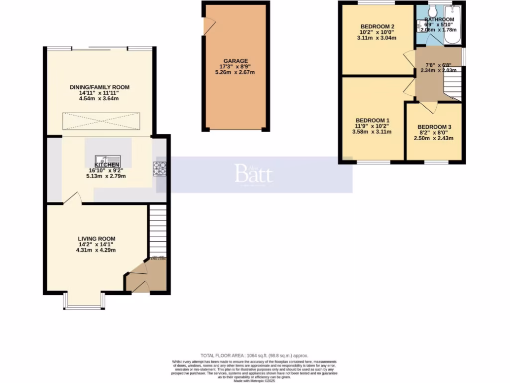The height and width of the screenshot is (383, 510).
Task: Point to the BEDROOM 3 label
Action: point(434,127)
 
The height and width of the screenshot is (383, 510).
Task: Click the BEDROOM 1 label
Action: point(372,120)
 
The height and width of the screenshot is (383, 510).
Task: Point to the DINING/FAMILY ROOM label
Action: point(99,87)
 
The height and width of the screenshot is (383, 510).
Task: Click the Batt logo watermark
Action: point(254,175)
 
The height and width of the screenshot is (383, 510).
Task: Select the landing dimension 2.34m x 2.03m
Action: point(438,70)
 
